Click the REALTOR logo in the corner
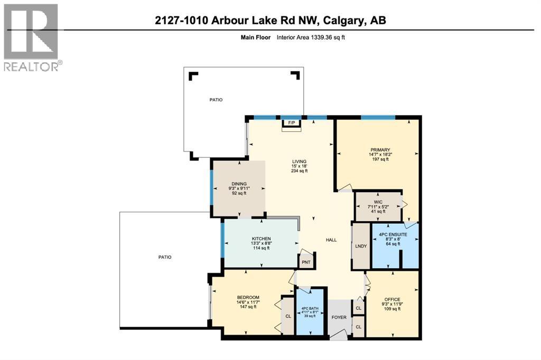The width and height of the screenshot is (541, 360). [32, 37]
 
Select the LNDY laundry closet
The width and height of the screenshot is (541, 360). [361, 247]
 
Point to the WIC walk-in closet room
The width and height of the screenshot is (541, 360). [378, 205]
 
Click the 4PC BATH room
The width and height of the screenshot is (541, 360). [310, 311]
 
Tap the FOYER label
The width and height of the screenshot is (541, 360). [339, 317]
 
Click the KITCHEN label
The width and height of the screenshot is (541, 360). [261, 239]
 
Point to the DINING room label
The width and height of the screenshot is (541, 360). [239, 183]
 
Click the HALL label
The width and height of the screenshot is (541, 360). [331, 240]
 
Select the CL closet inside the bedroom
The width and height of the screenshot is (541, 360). [288, 316]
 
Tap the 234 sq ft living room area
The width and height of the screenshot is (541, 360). [299, 171]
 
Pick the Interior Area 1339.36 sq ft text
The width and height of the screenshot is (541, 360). [311, 37]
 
